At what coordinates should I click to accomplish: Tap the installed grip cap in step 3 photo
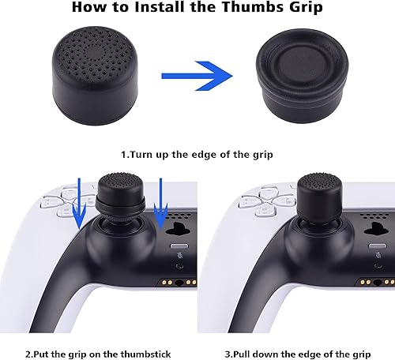[x=319, y=203]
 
